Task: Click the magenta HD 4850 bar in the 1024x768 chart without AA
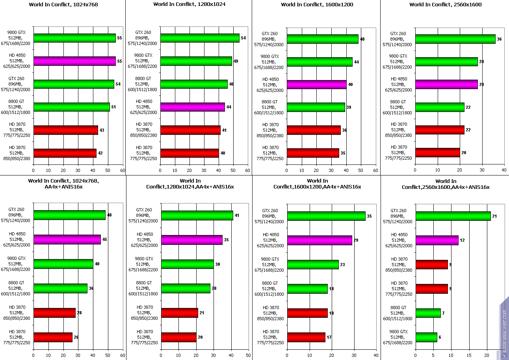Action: (74, 61)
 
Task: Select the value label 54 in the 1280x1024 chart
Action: (243, 38)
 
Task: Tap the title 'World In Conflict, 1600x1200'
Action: (317, 5)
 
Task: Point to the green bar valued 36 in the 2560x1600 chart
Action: (455, 39)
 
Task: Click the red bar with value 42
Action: (65, 153)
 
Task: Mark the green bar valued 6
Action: (426, 338)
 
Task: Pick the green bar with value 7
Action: (428, 313)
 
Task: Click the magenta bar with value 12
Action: (437, 240)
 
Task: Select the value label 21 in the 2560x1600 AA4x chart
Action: (494, 216)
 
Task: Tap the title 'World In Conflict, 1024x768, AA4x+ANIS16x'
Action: (63, 183)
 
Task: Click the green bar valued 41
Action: (197, 215)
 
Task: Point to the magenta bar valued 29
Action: (320, 240)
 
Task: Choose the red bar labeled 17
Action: (306, 338)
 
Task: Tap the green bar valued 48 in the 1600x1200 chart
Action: (322, 39)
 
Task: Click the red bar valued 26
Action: (53, 337)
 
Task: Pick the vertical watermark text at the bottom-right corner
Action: (504, 333)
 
